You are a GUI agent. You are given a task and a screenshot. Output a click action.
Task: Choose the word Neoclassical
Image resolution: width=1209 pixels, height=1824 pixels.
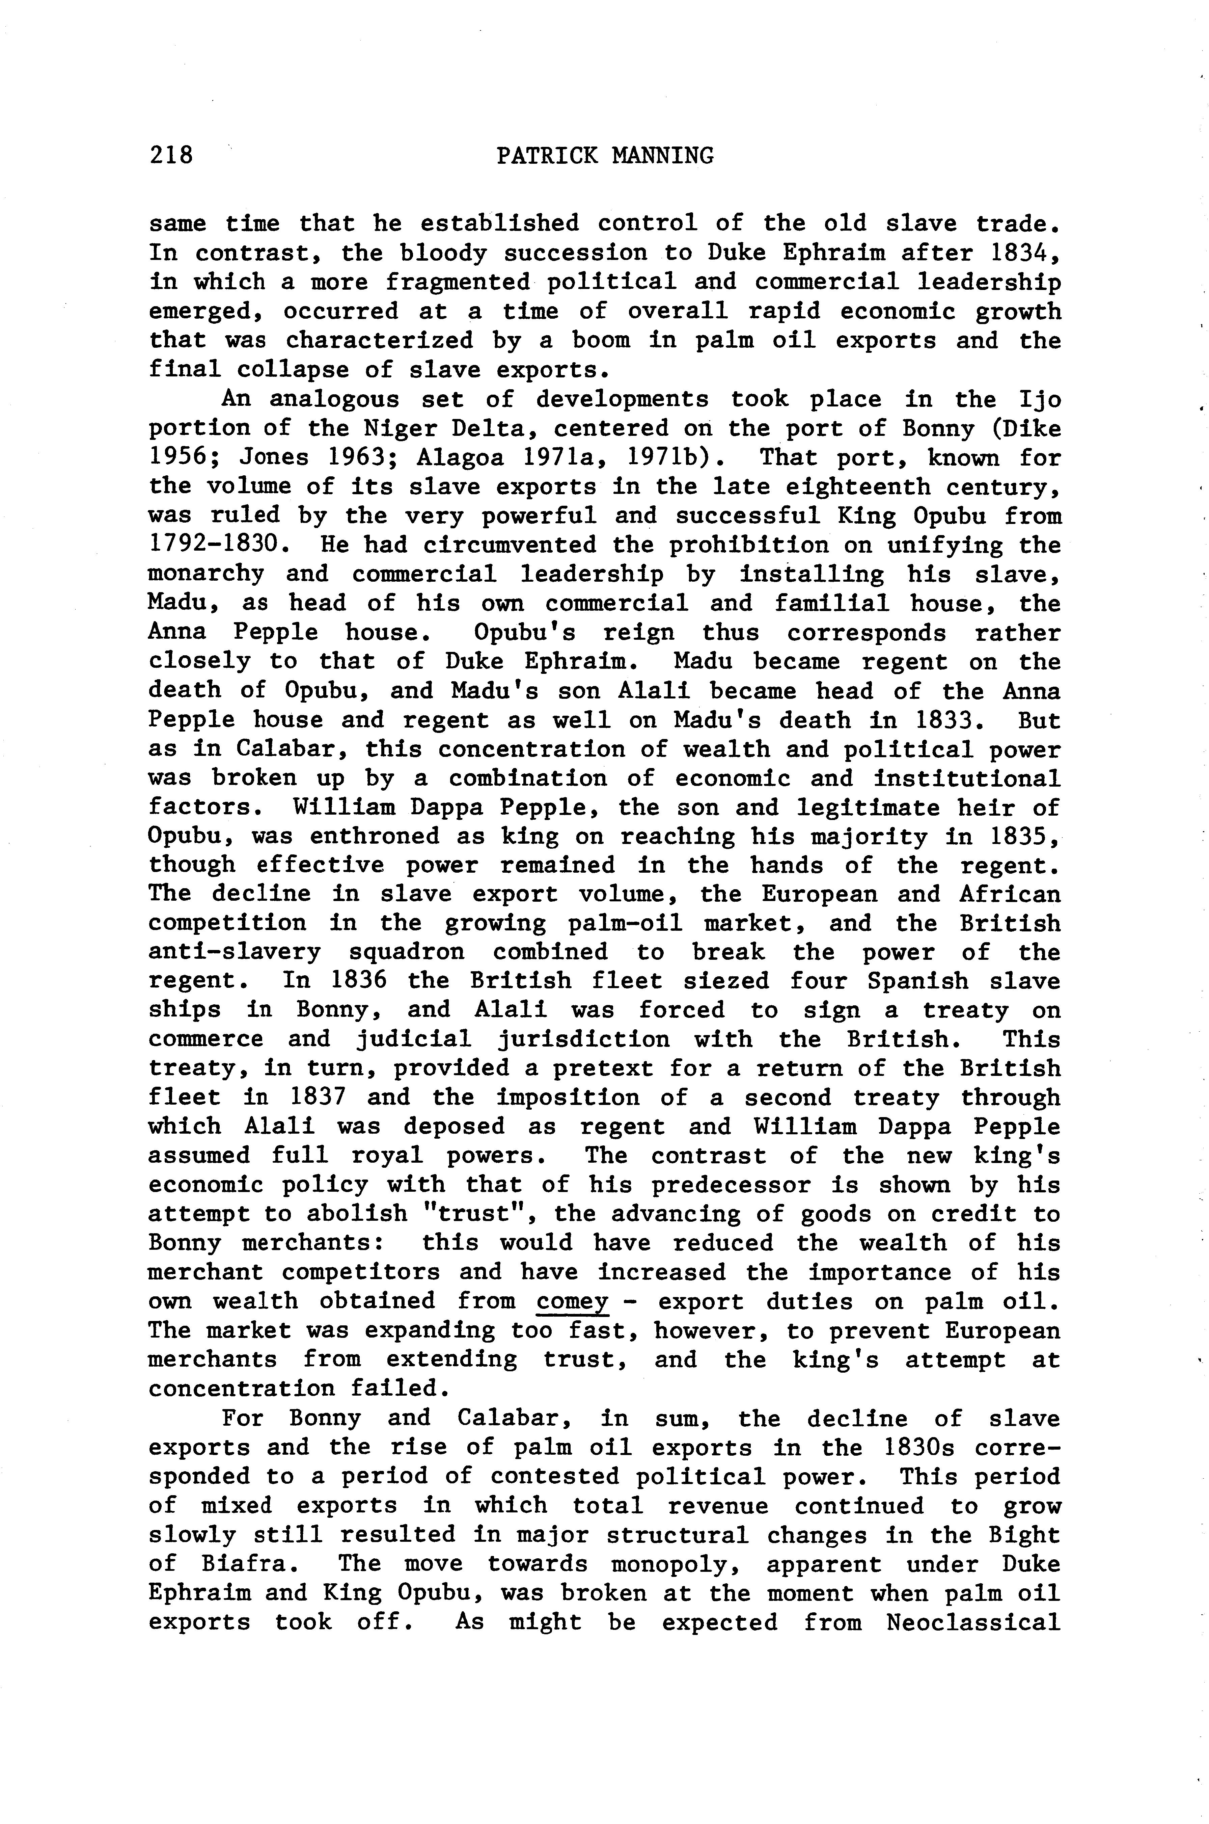point(973,1622)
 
